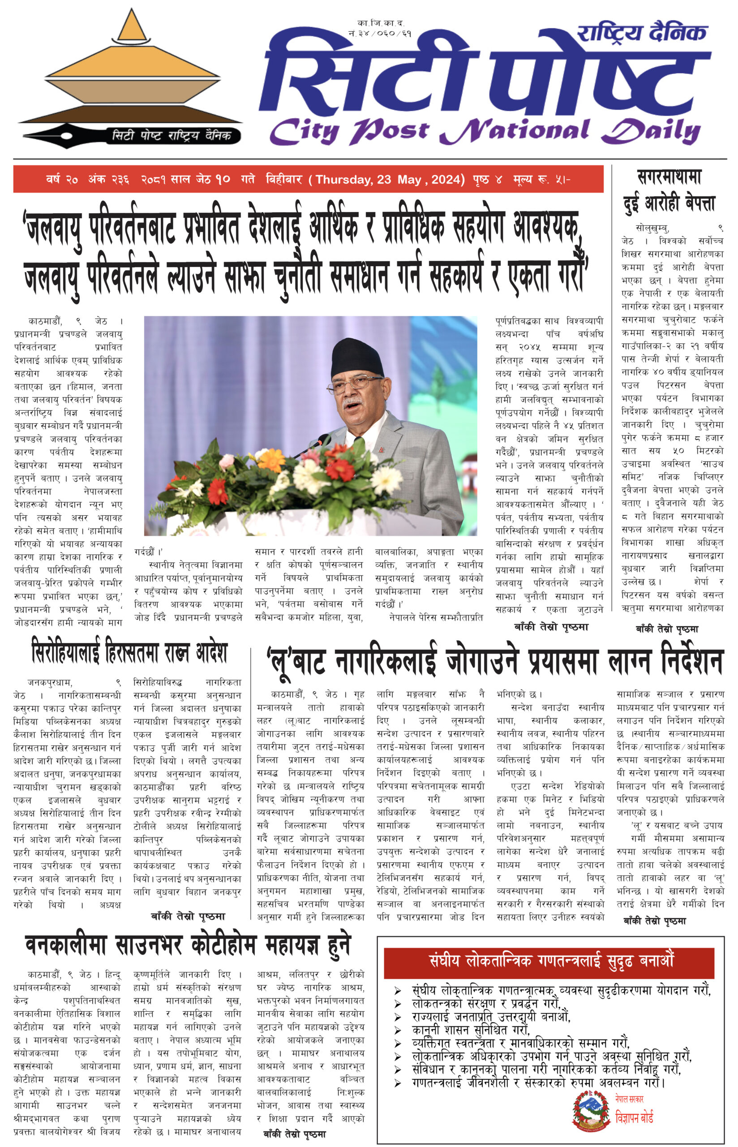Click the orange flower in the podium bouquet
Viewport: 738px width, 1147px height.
(x=272, y=459)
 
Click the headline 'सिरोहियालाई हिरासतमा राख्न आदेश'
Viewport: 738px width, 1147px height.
(x=129, y=652)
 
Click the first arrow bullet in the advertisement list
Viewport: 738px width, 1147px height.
(x=397, y=990)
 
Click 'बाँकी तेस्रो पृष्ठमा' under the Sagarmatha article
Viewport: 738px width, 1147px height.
(x=667, y=629)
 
